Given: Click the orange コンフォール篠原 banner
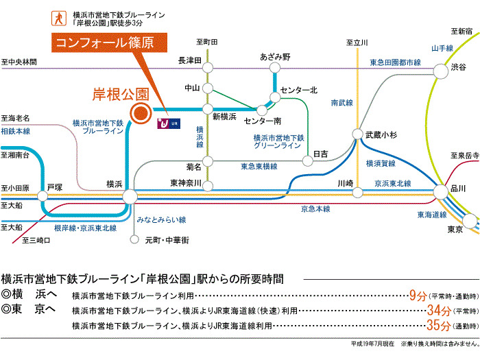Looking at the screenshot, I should (112, 43).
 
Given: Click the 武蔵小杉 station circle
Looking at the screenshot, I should (357, 134).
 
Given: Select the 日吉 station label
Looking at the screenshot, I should (320, 153).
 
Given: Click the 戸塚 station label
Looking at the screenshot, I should (54, 187).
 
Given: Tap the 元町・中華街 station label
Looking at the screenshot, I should (167, 240).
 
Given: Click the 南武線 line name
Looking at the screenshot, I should (341, 103).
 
